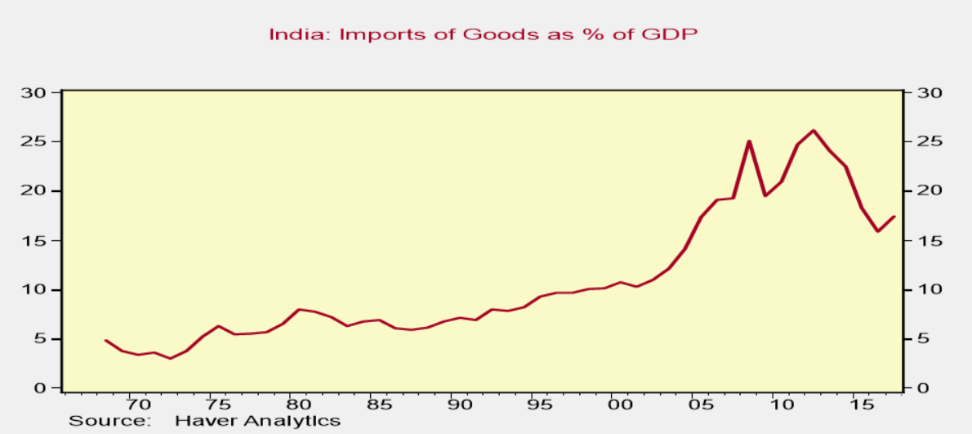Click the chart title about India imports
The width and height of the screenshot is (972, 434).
[484, 34]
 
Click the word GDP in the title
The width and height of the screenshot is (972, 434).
[675, 34]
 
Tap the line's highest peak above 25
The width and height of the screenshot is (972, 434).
[813, 131]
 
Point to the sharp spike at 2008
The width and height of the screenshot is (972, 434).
[748, 141]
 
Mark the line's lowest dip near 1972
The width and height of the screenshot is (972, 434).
[170, 358]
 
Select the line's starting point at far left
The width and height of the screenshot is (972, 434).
[105, 340]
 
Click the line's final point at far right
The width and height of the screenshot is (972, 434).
[894, 217]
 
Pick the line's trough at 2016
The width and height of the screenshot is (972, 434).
[878, 231]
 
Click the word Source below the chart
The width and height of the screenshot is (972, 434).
[109, 422]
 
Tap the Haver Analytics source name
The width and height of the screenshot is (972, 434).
[256, 422]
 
